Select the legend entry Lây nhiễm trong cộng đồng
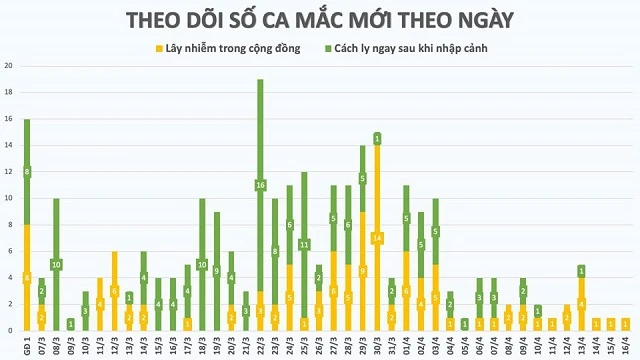(x=218, y=47)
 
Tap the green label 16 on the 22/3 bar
(x=260, y=185)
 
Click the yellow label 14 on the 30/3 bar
(x=377, y=238)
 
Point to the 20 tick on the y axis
(x=9, y=66)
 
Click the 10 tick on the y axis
(x=9, y=198)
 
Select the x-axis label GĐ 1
(x=27, y=344)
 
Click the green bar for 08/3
(x=56, y=264)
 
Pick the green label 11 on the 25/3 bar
(x=304, y=245)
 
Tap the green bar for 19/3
(x=217, y=271)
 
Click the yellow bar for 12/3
(x=114, y=290)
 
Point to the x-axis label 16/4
(x=625, y=344)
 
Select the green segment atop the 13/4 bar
(x=581, y=270)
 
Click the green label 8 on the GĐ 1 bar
(x=27, y=172)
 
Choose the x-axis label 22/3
(x=260, y=344)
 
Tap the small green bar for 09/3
(x=71, y=324)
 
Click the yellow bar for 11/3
(x=100, y=304)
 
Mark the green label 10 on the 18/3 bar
(x=202, y=265)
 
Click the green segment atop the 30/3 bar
(x=377, y=138)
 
